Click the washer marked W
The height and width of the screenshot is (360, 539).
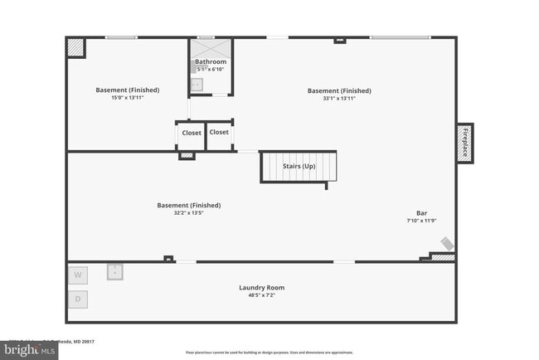[78, 275]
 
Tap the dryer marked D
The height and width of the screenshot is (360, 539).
[78, 298]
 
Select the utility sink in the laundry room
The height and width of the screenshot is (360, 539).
[114, 271]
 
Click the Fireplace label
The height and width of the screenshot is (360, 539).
[465, 142]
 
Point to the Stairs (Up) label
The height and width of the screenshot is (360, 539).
[299, 166]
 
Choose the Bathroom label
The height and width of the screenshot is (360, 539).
[211, 62]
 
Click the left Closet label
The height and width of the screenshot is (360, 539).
[192, 133]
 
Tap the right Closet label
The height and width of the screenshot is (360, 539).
[219, 132]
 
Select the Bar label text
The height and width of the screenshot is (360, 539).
[421, 212]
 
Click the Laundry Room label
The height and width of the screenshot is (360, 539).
[261, 288]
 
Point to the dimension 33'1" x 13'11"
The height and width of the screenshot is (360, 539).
[339, 98]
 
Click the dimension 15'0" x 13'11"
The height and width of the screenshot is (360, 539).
[127, 98]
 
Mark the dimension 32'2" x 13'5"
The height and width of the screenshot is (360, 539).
[188, 212]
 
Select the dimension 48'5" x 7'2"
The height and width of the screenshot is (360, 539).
[261, 295]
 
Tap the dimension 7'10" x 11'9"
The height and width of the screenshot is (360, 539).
[421, 220]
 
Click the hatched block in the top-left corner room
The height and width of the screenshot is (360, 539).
[74, 47]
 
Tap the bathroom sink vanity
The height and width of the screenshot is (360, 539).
[197, 84]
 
